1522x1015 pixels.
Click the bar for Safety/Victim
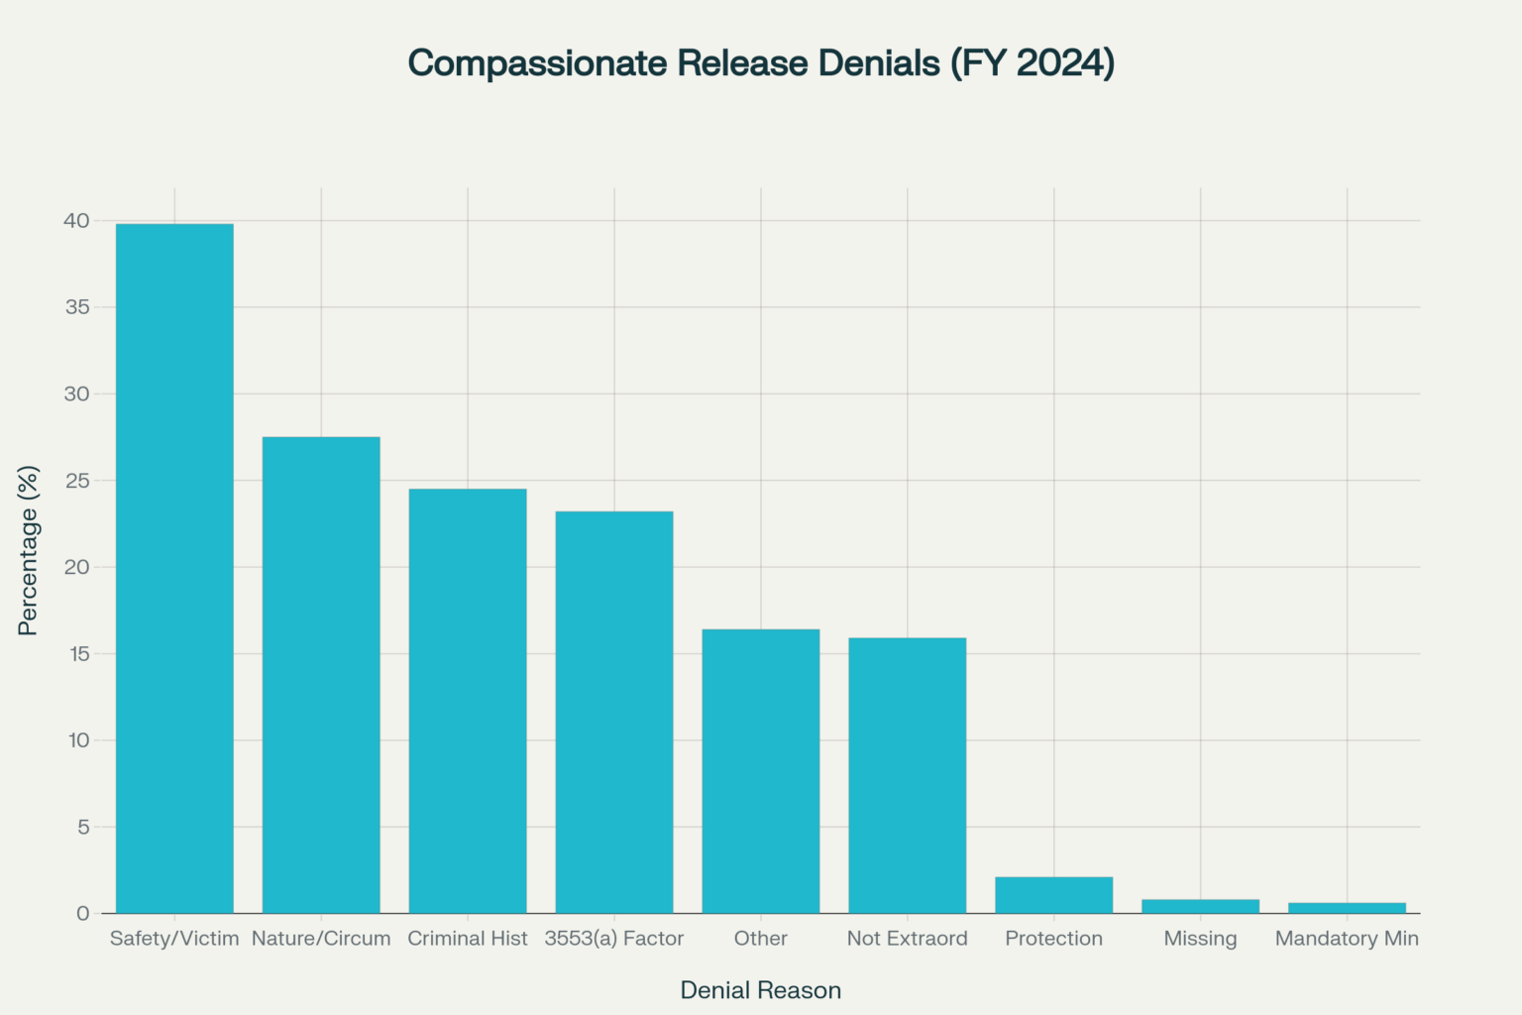[x=174, y=568]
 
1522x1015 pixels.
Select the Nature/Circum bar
[x=321, y=675]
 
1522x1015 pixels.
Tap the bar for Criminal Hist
[x=468, y=701]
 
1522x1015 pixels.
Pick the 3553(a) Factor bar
[x=614, y=712]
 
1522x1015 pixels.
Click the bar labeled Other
[x=761, y=771]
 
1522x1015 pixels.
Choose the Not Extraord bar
[x=908, y=775]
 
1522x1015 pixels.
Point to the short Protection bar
[x=1053, y=895]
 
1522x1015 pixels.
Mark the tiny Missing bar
[x=1200, y=906]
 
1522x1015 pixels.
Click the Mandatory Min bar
[x=1347, y=908]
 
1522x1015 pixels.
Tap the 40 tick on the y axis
[x=76, y=221]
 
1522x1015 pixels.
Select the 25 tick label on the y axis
[x=76, y=481]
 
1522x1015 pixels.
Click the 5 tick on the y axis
[x=83, y=827]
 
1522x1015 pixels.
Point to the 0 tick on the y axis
[x=83, y=913]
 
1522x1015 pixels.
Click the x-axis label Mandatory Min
[x=1347, y=939]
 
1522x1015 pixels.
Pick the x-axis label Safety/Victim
[x=174, y=939]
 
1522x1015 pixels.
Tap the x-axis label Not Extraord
[x=908, y=939]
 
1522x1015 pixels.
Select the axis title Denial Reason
[x=761, y=990]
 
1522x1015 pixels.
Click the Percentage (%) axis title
[x=28, y=550]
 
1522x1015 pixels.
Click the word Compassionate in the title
[x=538, y=63]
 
